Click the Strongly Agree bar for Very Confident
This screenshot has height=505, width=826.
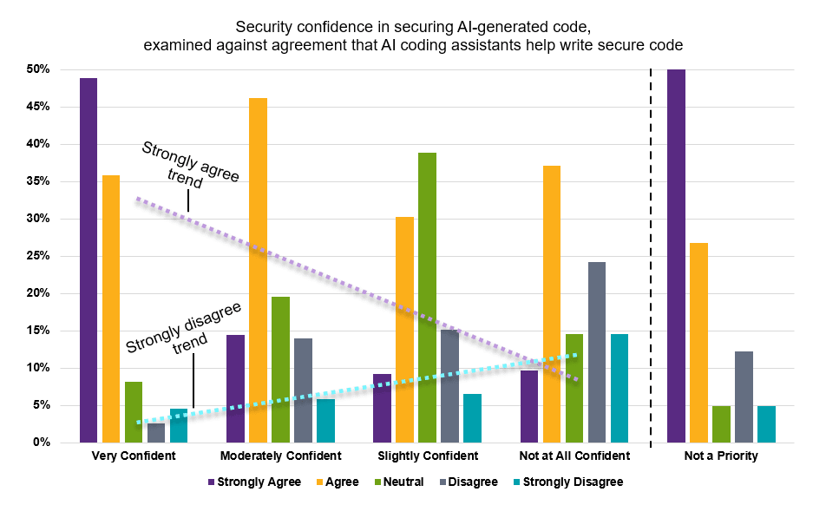click(x=88, y=260)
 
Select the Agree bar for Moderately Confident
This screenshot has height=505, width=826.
click(x=259, y=270)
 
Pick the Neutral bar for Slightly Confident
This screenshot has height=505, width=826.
click(x=427, y=298)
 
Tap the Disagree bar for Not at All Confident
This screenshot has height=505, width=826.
click(x=597, y=352)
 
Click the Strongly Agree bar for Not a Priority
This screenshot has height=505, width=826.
click(x=676, y=256)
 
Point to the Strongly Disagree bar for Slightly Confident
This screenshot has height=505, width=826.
click(x=473, y=418)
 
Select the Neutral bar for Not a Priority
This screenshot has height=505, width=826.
click(x=721, y=424)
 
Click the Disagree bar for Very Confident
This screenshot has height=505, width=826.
click(x=156, y=433)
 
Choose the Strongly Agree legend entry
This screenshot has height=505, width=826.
click(x=254, y=482)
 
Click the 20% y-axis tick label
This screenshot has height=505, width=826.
click(x=38, y=293)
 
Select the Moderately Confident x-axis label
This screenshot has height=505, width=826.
click(x=281, y=456)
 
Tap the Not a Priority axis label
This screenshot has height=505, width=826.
click(x=721, y=456)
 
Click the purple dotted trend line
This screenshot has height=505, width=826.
click(x=357, y=289)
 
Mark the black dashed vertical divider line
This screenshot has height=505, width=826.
click(x=651, y=258)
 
